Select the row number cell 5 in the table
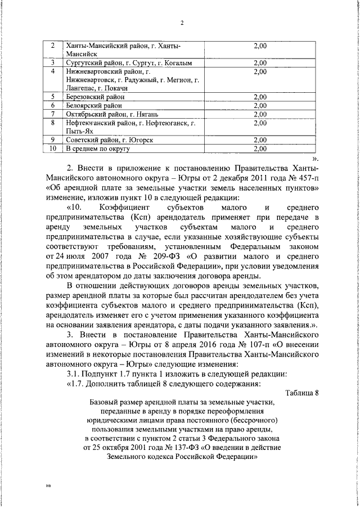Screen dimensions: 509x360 point(53,97)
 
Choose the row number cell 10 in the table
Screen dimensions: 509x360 point(53,148)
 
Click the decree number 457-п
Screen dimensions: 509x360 point(302,178)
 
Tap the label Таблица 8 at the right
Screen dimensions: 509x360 point(301,393)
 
